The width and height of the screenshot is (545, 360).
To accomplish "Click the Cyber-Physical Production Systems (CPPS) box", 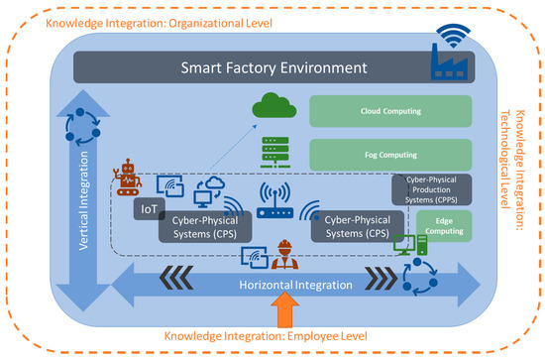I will pyautogui.click(x=437, y=189).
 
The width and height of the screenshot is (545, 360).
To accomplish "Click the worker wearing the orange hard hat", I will pyautogui.click(x=285, y=252).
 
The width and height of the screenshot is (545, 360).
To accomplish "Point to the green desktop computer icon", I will pyautogui.click(x=405, y=244).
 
